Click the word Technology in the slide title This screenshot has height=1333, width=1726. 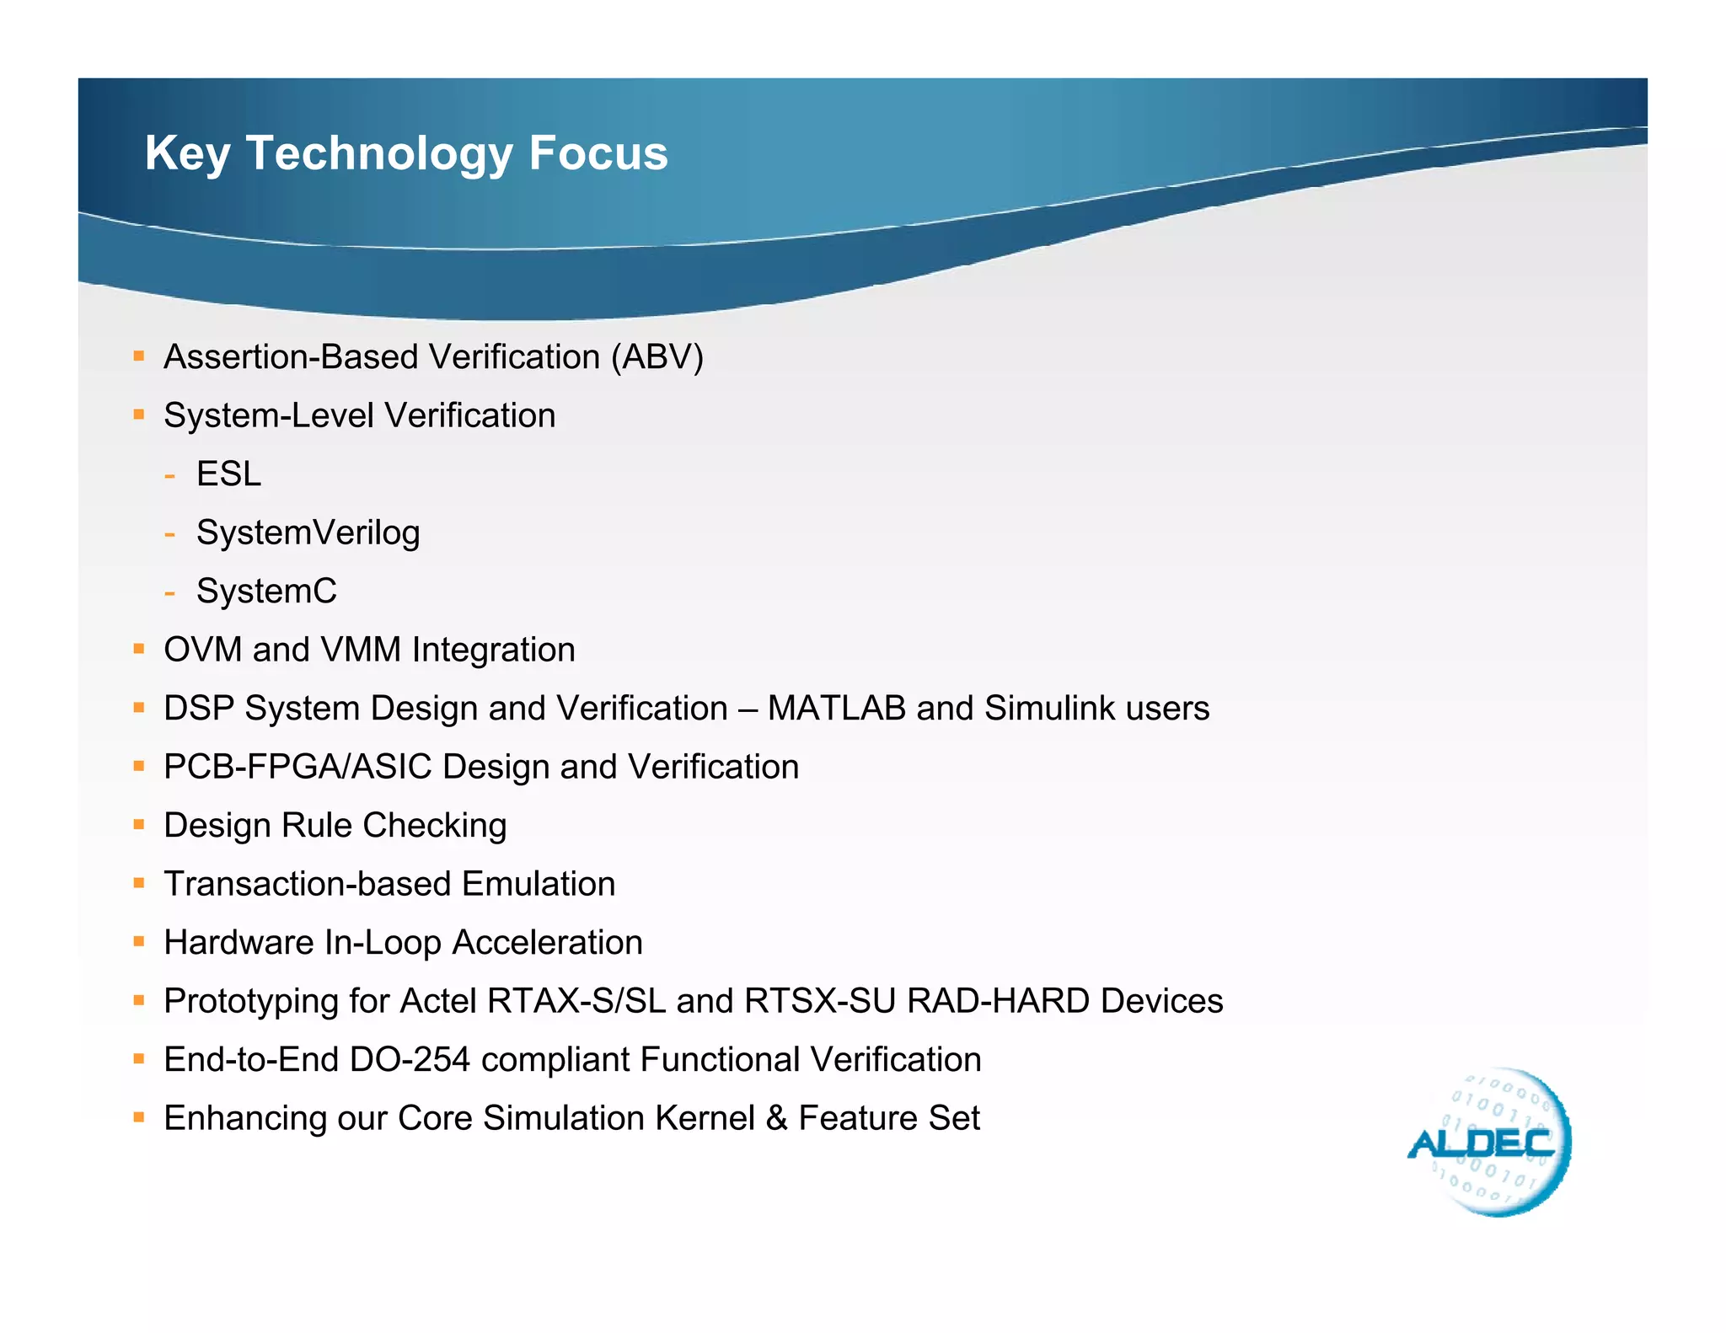pos(378,154)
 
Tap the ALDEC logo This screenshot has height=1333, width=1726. pos(1487,1143)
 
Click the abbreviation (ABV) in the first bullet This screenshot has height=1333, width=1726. pos(657,357)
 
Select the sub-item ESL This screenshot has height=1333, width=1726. pos(228,474)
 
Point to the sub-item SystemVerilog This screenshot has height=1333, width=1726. pos(308,533)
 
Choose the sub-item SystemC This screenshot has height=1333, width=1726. pos(266,592)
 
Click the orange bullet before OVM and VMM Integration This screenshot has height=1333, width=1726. pos(139,649)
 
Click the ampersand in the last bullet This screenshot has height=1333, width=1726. pos(776,1118)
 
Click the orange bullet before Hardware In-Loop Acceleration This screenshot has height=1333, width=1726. pos(139,941)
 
